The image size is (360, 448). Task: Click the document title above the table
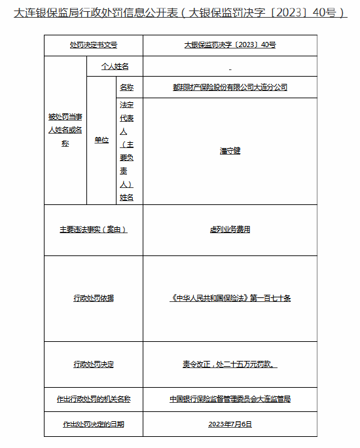(180, 12)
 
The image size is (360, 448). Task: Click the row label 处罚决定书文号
(93, 45)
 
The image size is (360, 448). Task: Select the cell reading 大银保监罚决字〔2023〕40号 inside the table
(230, 45)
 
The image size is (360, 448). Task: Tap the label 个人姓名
(115, 66)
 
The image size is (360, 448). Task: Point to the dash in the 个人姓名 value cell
(230, 67)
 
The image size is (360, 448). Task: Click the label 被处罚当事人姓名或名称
(65, 130)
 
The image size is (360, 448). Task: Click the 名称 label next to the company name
(126, 87)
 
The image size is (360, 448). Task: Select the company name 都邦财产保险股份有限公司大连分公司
(230, 87)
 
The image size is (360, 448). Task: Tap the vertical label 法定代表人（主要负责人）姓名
(126, 151)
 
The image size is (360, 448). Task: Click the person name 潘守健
(230, 151)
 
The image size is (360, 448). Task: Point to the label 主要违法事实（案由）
(93, 229)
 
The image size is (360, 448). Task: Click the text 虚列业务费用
(230, 229)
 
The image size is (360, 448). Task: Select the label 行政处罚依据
(93, 298)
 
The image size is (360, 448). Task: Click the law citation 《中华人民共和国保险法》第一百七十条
(230, 298)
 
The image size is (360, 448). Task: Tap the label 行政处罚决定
(93, 364)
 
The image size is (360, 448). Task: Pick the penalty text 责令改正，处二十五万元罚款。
(230, 364)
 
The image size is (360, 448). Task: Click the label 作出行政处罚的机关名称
(93, 399)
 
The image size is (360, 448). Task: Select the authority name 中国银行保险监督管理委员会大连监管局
(230, 399)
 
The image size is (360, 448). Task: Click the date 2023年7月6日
(230, 424)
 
